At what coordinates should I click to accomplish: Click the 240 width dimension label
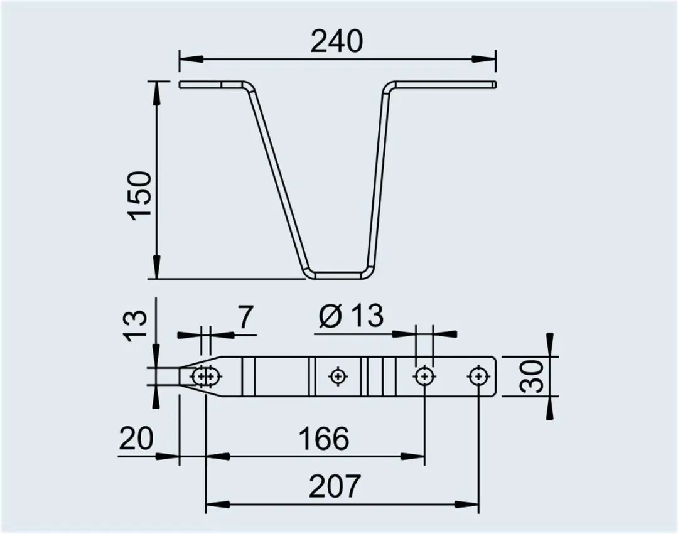pyautogui.click(x=337, y=41)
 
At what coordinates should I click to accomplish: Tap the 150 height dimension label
pyautogui.click(x=141, y=196)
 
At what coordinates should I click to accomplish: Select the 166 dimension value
pyautogui.click(x=324, y=439)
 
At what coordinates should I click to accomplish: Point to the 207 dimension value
pyautogui.click(x=334, y=486)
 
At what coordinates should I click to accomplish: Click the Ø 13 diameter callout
pyautogui.click(x=351, y=316)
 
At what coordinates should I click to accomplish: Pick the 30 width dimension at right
pyautogui.click(x=532, y=376)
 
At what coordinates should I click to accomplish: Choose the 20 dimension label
pyautogui.click(x=136, y=439)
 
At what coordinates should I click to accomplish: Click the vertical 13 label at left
pyautogui.click(x=137, y=326)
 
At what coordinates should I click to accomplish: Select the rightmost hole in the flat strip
pyautogui.click(x=477, y=376)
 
